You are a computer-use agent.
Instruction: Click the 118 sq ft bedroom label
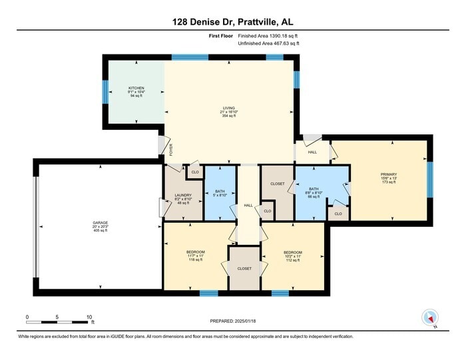pyautogui.click(x=195, y=256)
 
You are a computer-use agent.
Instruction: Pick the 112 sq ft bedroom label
pyautogui.click(x=293, y=256)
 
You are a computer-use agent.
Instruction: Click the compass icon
pyautogui.click(x=429, y=318)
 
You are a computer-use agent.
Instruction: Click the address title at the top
pyautogui.click(x=233, y=22)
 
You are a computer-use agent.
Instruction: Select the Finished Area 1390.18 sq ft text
pyautogui.click(x=268, y=35)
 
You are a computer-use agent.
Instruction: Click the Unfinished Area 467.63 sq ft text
pyautogui.click(x=268, y=43)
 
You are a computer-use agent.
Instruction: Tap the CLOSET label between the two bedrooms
pyautogui.click(x=244, y=268)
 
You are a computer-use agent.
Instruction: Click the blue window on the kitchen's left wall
pyautogui.click(x=105, y=91)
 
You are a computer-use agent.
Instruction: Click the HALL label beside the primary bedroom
pyautogui.click(x=312, y=152)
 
